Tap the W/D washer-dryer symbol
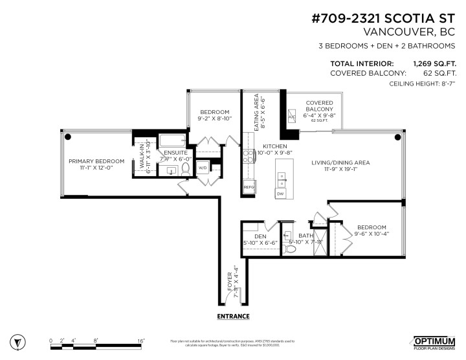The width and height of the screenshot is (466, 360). tap(202, 168)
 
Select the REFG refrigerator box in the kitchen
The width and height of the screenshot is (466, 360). tap(249, 186)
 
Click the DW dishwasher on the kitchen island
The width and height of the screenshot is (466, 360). tap(280, 194)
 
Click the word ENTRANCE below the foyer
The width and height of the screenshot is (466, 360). tap(233, 316)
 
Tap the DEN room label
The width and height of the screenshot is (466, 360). tap(260, 236)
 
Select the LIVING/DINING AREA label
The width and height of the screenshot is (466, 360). tap(346, 163)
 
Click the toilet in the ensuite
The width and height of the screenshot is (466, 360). tap(186, 170)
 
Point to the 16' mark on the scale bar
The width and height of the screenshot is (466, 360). tap(140, 341)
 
